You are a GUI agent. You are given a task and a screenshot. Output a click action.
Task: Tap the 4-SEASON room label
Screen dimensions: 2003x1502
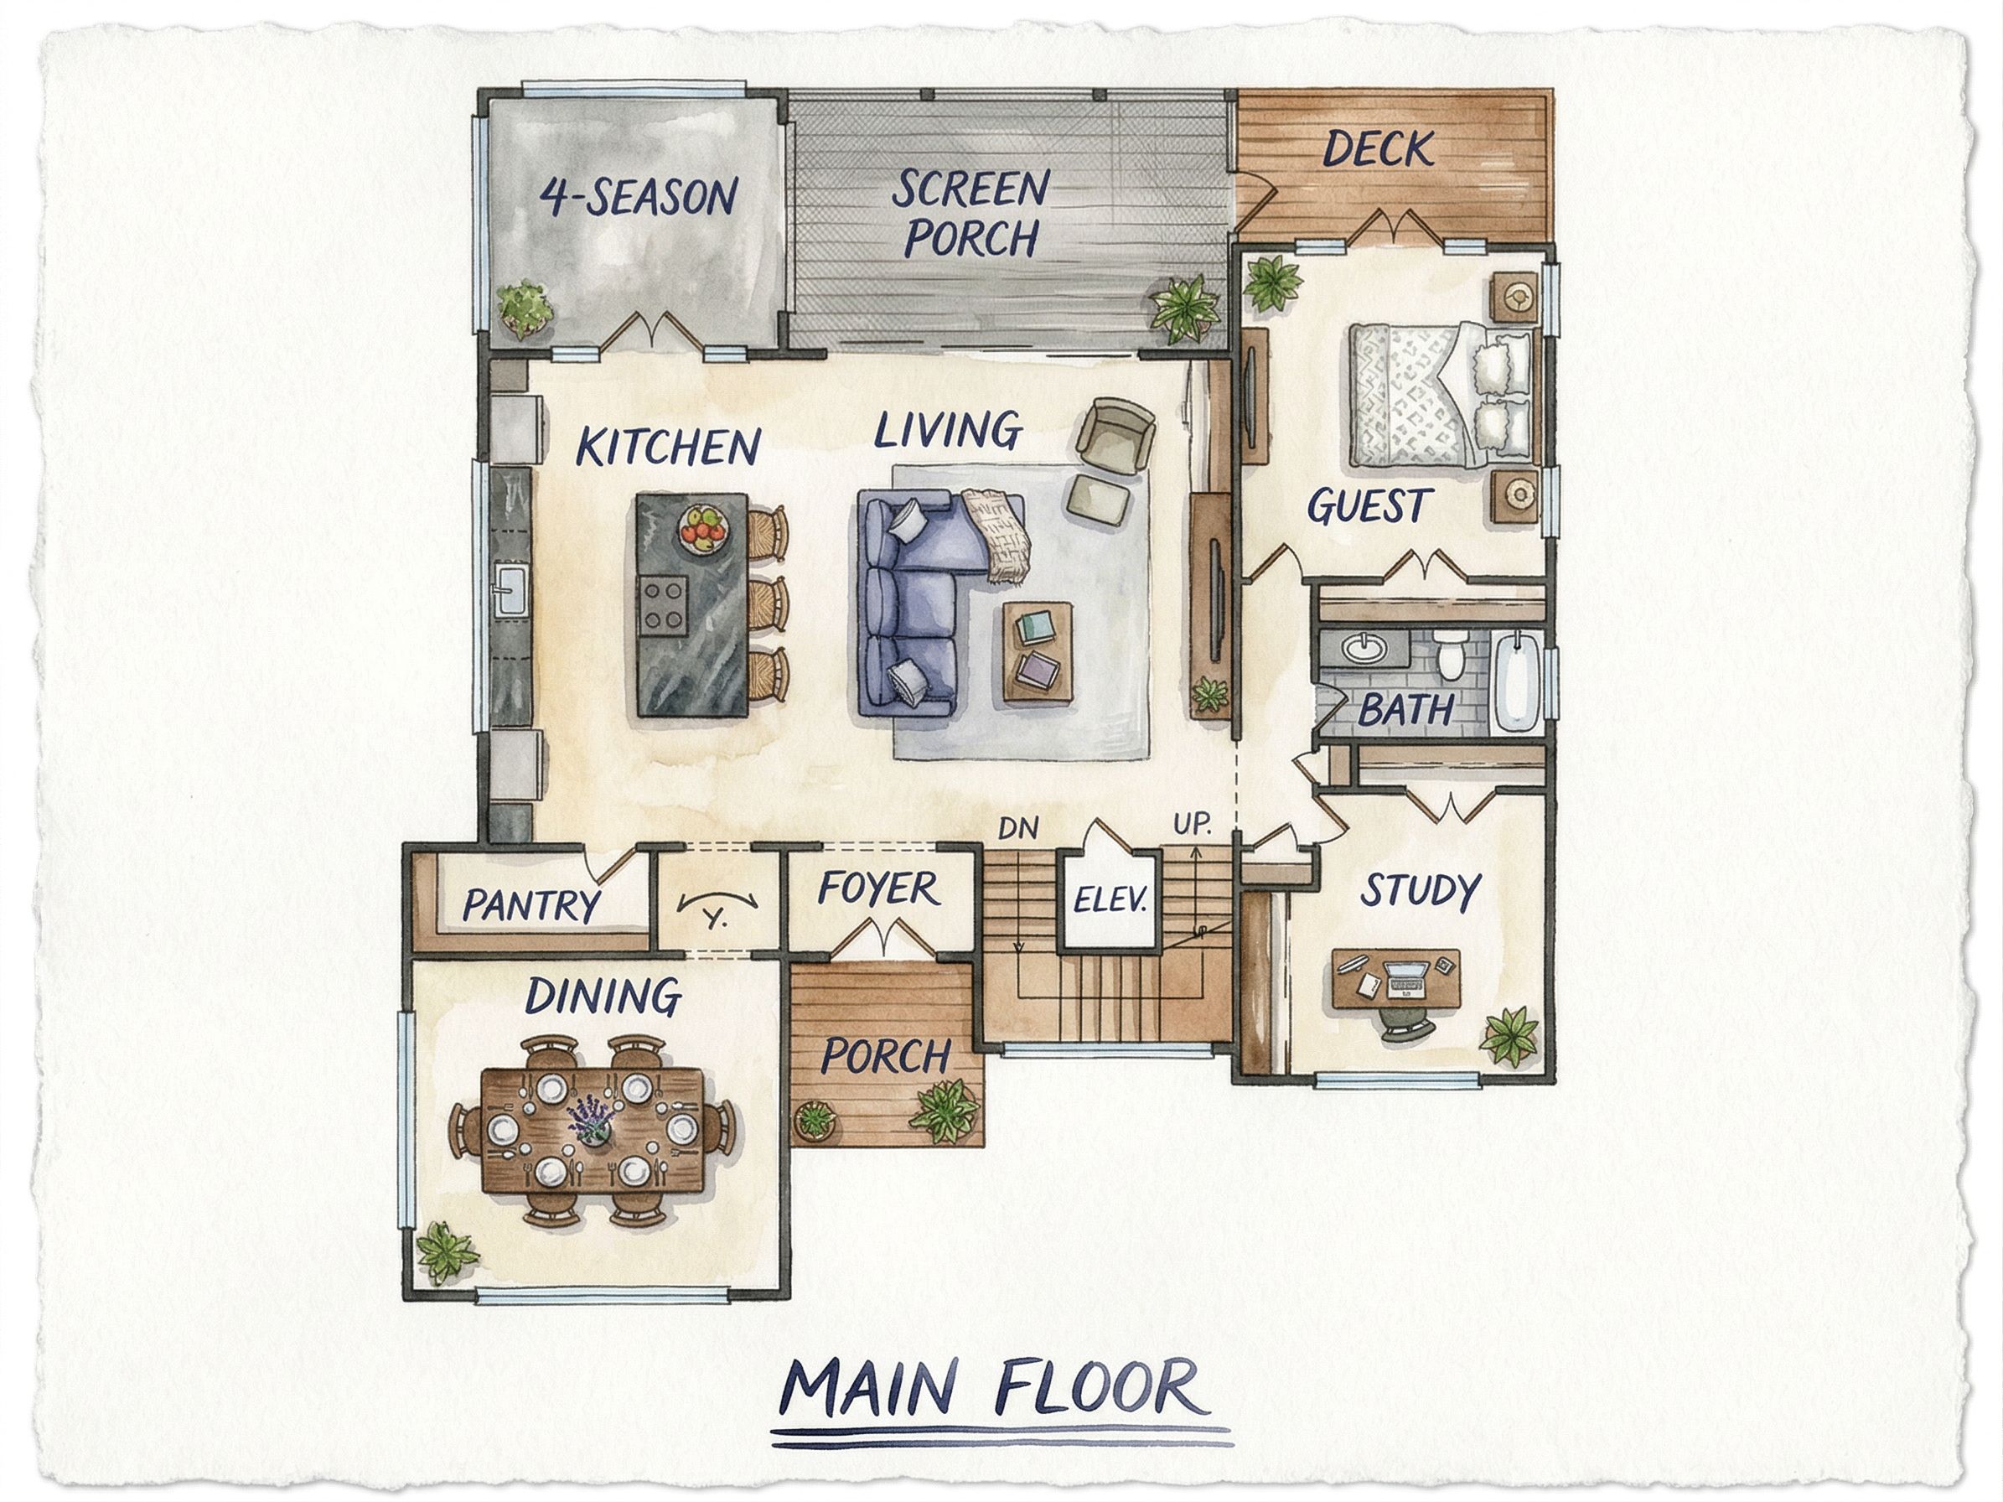[639, 196]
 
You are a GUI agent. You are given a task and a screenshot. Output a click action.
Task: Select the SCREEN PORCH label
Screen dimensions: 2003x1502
[970, 214]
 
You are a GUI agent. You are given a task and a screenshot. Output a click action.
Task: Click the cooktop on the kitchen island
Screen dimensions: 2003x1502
[662, 603]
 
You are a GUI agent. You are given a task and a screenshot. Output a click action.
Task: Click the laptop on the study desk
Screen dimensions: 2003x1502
[1406, 977]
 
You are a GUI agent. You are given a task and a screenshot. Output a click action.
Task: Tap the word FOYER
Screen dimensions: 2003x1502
[877, 889]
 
